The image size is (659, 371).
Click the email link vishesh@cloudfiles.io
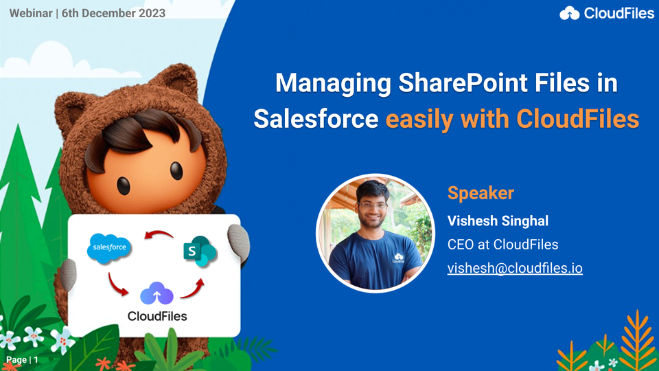[515, 269]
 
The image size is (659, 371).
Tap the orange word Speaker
[481, 193]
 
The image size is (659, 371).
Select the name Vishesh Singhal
[498, 221]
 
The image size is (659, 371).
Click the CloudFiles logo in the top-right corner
[607, 13]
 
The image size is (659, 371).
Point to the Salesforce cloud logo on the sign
[109, 248]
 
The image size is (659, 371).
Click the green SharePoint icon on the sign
[200, 251]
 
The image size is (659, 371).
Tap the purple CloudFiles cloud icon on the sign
[157, 293]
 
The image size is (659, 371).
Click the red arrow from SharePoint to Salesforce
[159, 234]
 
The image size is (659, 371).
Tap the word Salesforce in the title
[316, 119]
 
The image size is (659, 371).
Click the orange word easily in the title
[419, 120]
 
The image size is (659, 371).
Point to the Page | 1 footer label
[22, 360]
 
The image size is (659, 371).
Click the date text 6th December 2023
[113, 13]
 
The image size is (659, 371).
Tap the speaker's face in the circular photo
[372, 203]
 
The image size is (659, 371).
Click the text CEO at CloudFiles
[502, 245]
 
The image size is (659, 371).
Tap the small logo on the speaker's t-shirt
[398, 258]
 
